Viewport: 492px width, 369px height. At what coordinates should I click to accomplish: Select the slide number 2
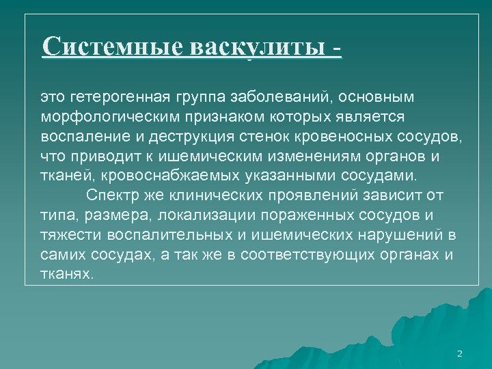point(459,354)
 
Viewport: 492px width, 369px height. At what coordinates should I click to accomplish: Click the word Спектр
point(113,195)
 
